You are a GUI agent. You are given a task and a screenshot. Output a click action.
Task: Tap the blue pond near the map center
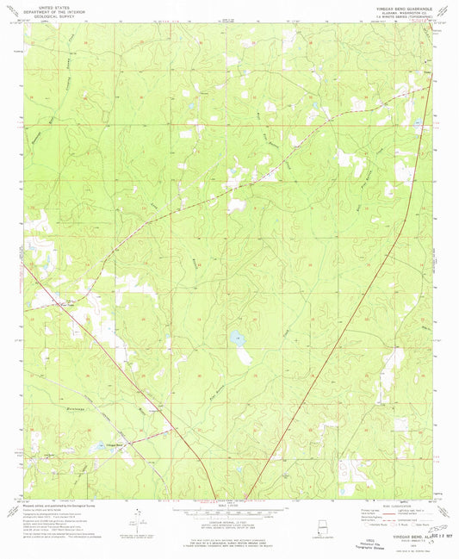[235, 339]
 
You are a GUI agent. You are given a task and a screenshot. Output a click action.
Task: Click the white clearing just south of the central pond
[245, 354]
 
